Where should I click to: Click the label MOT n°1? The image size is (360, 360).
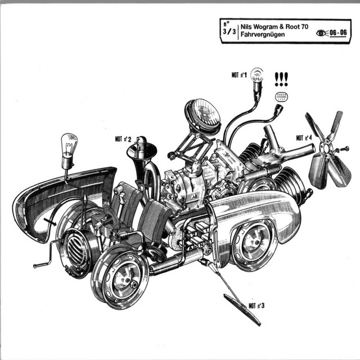tap(239, 75)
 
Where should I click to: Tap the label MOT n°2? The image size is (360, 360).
tap(123, 139)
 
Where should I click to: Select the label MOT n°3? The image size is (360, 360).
tap(256, 306)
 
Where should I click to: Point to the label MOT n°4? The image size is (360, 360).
tap(304, 138)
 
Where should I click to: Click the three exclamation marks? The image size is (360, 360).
tap(281, 79)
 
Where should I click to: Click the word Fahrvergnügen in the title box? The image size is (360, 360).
tap(263, 34)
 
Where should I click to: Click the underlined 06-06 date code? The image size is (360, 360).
tap(338, 33)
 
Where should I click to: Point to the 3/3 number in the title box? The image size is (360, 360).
tap(229, 31)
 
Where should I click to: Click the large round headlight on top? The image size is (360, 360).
tap(204, 117)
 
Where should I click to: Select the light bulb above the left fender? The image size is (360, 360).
tap(69, 150)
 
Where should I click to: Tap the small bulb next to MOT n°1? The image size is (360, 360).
tap(257, 83)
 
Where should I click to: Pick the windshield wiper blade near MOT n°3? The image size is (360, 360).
tap(242, 309)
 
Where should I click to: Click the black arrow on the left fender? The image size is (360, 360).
tap(50, 221)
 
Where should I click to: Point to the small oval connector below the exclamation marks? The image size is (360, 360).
tap(281, 97)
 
